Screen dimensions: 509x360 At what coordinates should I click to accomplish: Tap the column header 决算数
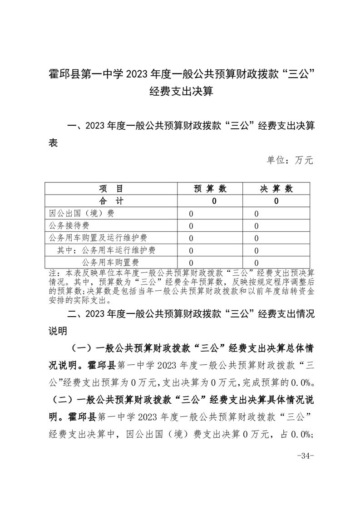(276, 189)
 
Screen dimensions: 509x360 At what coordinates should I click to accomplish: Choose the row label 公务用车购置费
(110, 262)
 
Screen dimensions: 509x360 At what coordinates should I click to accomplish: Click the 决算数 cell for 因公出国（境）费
(256, 214)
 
